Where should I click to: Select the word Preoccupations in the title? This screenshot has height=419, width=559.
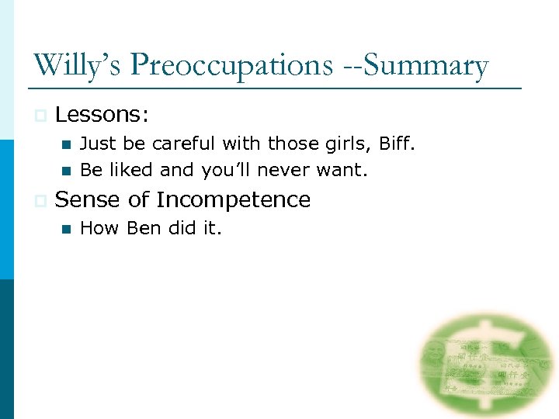click(x=226, y=66)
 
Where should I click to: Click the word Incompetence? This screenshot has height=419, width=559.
click(x=233, y=200)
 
